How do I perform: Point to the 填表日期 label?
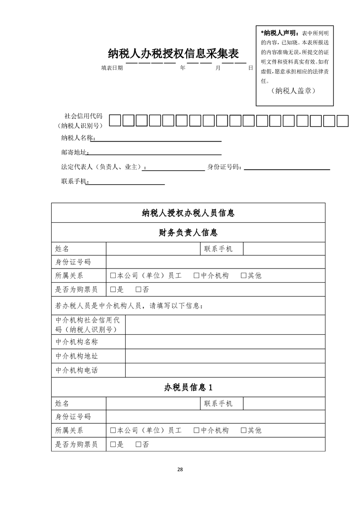coord(112,68)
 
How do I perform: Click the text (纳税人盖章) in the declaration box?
coord(295,91)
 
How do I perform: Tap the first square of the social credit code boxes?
coord(116,121)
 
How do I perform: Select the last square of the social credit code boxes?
coord(343,121)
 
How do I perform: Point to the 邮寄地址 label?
coord(74,152)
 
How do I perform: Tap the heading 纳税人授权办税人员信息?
coord(188,213)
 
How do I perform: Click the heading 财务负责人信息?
coord(188,233)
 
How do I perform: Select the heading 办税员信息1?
coord(188,388)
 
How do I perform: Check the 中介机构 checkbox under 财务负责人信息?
coord(197,275)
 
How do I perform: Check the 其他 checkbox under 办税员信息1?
coord(243,430)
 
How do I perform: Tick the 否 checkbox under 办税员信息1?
coord(138,445)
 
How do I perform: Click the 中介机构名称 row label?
coord(77,342)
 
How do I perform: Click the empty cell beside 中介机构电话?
coord(225,370)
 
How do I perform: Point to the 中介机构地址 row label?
coord(77,356)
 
